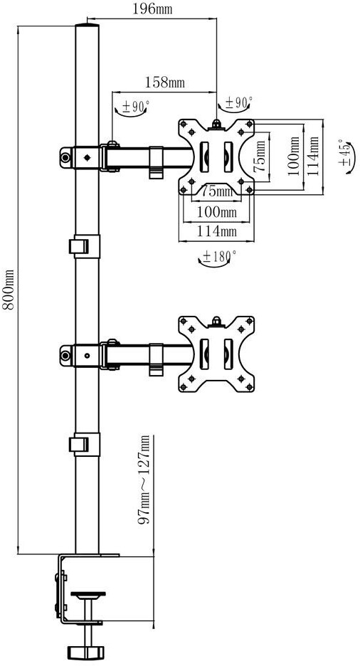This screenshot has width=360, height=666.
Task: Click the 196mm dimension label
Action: point(152,9)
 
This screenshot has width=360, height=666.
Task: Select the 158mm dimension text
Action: point(165,82)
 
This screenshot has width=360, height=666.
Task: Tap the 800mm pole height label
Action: point(9,290)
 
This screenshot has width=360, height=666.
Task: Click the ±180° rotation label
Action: point(219,256)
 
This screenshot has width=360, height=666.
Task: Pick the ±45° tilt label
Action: point(345,152)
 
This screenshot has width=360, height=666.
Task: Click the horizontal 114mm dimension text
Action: point(216,231)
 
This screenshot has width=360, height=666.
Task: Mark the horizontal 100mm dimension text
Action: point(216,211)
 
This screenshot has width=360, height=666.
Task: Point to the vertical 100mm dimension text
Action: point(295,155)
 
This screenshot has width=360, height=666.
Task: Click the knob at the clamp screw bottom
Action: point(85,651)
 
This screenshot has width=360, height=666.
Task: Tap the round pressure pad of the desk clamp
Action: point(88,594)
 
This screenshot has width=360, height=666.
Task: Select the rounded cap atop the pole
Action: point(87,27)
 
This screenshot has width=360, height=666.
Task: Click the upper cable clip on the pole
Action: point(84,246)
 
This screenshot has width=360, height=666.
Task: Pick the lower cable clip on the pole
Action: point(84,444)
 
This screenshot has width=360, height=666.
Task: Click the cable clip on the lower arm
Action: point(157,359)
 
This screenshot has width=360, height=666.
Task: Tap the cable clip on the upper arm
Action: point(157,163)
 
